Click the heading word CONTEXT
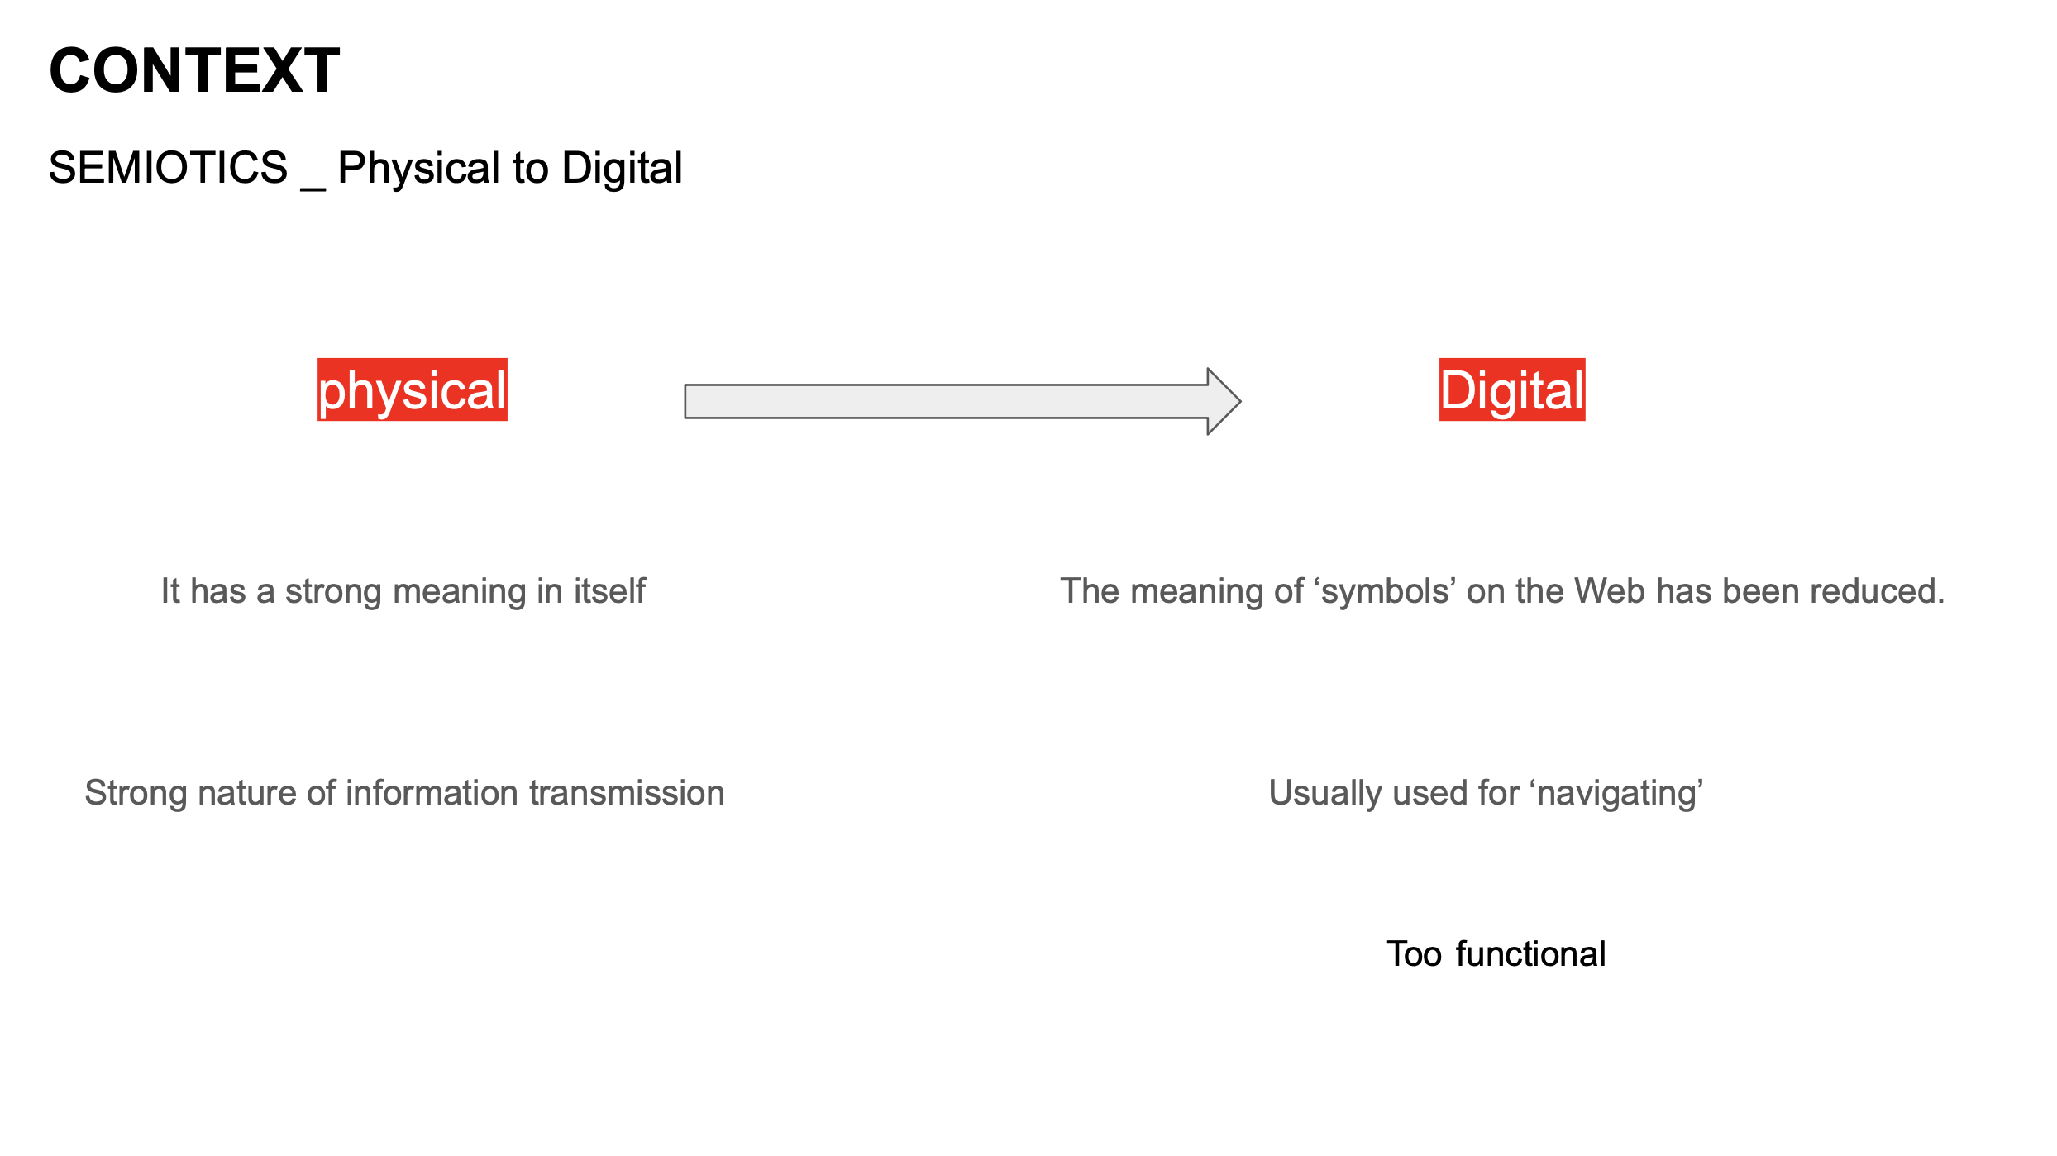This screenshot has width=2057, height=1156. tap(194, 71)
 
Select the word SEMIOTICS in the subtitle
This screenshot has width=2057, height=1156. tap(169, 168)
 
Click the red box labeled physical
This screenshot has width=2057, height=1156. tap(413, 389)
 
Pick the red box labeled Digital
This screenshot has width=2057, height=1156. tap(1512, 389)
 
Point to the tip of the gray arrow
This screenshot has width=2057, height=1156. tap(1241, 401)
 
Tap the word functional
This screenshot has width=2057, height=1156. tap(1530, 953)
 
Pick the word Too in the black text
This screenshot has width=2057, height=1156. tap(1415, 954)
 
